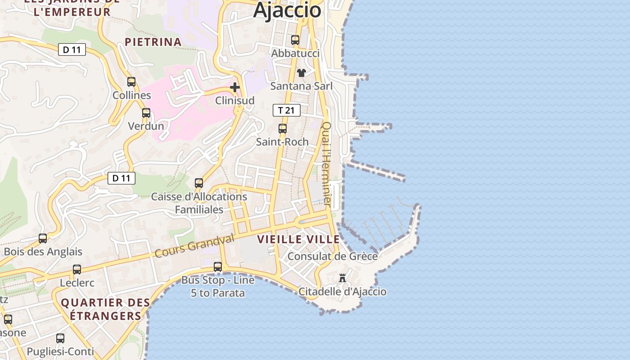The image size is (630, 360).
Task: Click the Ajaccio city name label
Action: click(287, 10)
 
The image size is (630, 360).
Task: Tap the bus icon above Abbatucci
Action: click(295, 40)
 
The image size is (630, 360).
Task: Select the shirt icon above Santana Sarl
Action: click(301, 73)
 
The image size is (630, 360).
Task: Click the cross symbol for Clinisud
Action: click(235, 87)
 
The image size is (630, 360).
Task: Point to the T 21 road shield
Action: click(286, 110)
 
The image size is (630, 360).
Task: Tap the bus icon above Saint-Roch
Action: click(283, 129)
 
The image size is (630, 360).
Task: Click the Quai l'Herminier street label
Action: click(327, 164)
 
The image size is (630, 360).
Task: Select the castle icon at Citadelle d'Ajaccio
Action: click(342, 278)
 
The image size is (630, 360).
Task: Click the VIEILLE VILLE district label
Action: click(298, 239)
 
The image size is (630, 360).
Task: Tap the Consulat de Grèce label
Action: click(332, 256)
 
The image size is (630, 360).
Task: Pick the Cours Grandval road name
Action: click(194, 246)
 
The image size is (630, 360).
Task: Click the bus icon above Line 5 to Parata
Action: click(218, 267)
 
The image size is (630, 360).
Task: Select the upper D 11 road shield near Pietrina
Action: click(72, 50)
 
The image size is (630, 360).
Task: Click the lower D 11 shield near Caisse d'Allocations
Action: click(121, 178)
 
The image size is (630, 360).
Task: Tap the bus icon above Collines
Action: click(131, 82)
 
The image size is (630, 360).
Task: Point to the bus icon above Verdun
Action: click(146, 113)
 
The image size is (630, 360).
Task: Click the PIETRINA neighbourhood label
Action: click(153, 42)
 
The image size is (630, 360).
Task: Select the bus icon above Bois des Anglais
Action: click(43, 238)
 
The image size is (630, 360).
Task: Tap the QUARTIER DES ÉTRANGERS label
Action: click(105, 309)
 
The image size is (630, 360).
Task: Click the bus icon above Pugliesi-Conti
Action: click(60, 338)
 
